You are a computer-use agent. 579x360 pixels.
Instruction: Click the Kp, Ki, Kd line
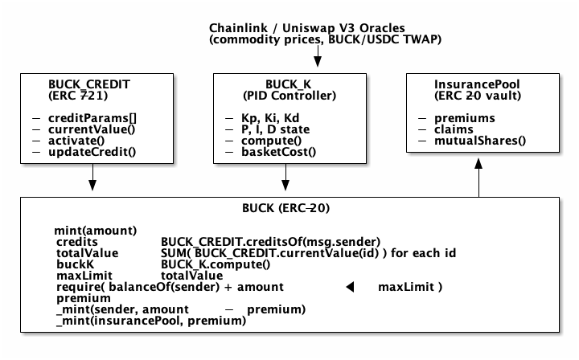point(273,118)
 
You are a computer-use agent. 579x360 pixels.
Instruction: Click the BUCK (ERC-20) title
point(285,208)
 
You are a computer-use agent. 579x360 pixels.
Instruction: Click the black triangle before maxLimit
point(350,287)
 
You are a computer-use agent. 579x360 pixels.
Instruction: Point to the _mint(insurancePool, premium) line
point(150,321)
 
